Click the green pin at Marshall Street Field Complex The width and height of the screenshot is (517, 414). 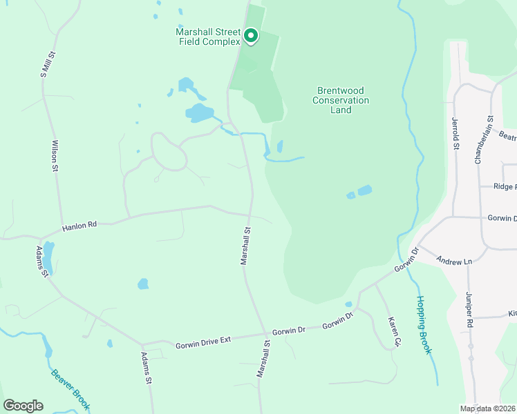click(x=250, y=35)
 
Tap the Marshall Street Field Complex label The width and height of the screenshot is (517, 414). click(x=208, y=37)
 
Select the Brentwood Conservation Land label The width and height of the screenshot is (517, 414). click(x=341, y=100)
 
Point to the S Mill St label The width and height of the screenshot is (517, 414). click(x=46, y=63)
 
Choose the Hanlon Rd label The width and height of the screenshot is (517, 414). click(x=79, y=226)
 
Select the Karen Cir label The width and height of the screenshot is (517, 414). click(x=394, y=332)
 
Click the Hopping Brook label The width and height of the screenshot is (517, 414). click(x=424, y=325)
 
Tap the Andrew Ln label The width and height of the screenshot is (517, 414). click(x=453, y=261)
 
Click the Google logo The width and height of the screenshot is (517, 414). click(x=23, y=406)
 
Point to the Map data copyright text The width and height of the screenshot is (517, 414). click(x=487, y=408)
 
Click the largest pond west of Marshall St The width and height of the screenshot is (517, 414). click(x=199, y=112)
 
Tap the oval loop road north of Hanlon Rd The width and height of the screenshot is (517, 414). click(x=169, y=151)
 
